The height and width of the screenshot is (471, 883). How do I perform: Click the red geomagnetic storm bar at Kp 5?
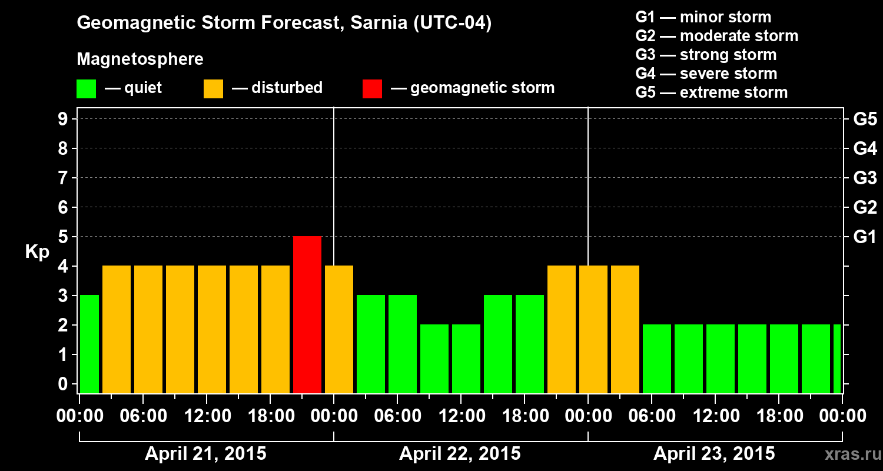[x=307, y=314]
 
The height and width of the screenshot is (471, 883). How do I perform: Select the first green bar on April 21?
[x=89, y=344]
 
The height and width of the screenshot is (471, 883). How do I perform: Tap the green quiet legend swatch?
[x=87, y=89]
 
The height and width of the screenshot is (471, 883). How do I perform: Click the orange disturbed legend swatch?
[x=213, y=89]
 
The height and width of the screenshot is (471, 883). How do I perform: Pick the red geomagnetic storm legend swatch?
[x=372, y=89]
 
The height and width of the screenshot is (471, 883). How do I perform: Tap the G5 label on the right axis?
[x=865, y=120]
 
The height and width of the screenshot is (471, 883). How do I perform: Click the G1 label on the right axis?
[x=865, y=237]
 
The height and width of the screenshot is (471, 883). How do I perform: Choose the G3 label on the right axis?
[x=865, y=178]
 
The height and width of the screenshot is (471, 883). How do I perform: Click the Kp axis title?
[x=36, y=252]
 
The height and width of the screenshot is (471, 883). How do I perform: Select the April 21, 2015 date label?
[x=205, y=454]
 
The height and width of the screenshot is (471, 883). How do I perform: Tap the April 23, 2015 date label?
[x=714, y=454]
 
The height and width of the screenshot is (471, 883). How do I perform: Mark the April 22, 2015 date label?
[x=460, y=454]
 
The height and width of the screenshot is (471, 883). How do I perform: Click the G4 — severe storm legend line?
[x=706, y=74]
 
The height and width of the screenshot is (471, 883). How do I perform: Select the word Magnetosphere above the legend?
[x=140, y=59]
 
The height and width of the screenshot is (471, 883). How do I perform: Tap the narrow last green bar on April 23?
[x=837, y=359]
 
